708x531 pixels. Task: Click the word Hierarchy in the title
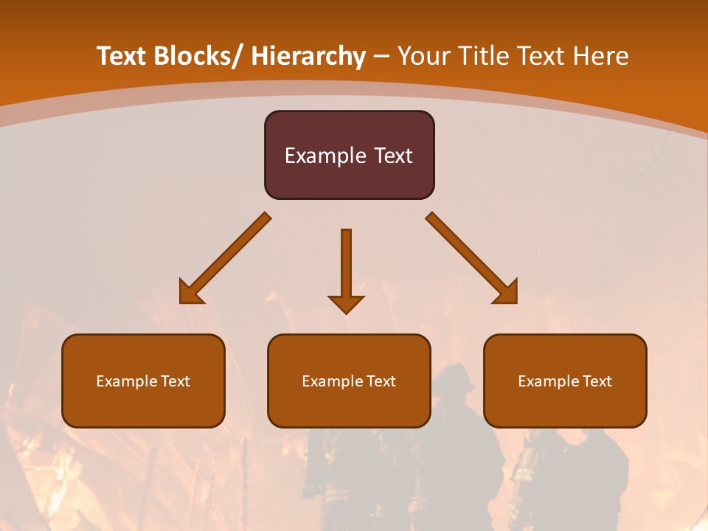point(308,56)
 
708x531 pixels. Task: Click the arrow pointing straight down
point(346,265)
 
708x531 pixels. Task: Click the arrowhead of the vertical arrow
point(346,304)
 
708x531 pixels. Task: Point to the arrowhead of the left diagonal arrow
point(190,293)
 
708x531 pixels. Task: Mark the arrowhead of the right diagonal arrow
point(507,293)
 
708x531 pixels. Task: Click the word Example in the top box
point(323,156)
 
